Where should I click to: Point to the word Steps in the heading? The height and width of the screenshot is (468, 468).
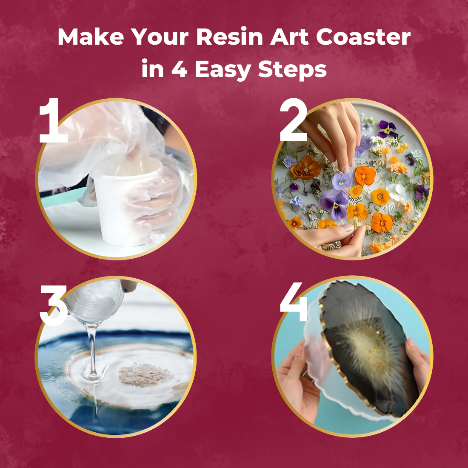point(292,70)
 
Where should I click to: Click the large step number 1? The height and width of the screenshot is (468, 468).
point(53,120)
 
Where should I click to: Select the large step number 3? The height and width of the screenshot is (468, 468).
point(54,305)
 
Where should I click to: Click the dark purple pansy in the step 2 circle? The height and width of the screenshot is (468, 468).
point(388,129)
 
